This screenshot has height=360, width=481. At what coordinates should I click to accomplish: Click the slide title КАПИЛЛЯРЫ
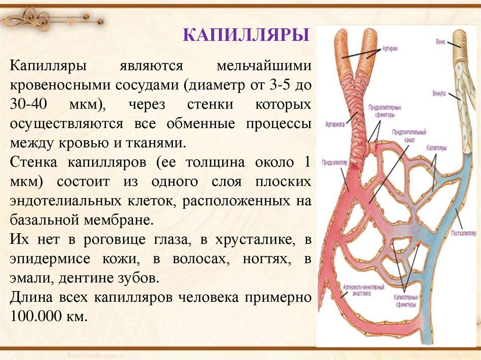(x=245, y=36)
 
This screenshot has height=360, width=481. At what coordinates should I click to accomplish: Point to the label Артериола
(x=335, y=125)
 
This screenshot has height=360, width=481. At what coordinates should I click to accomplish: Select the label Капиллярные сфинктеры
(x=404, y=300)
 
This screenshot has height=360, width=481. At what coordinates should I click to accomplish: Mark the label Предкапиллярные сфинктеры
(x=381, y=111)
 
